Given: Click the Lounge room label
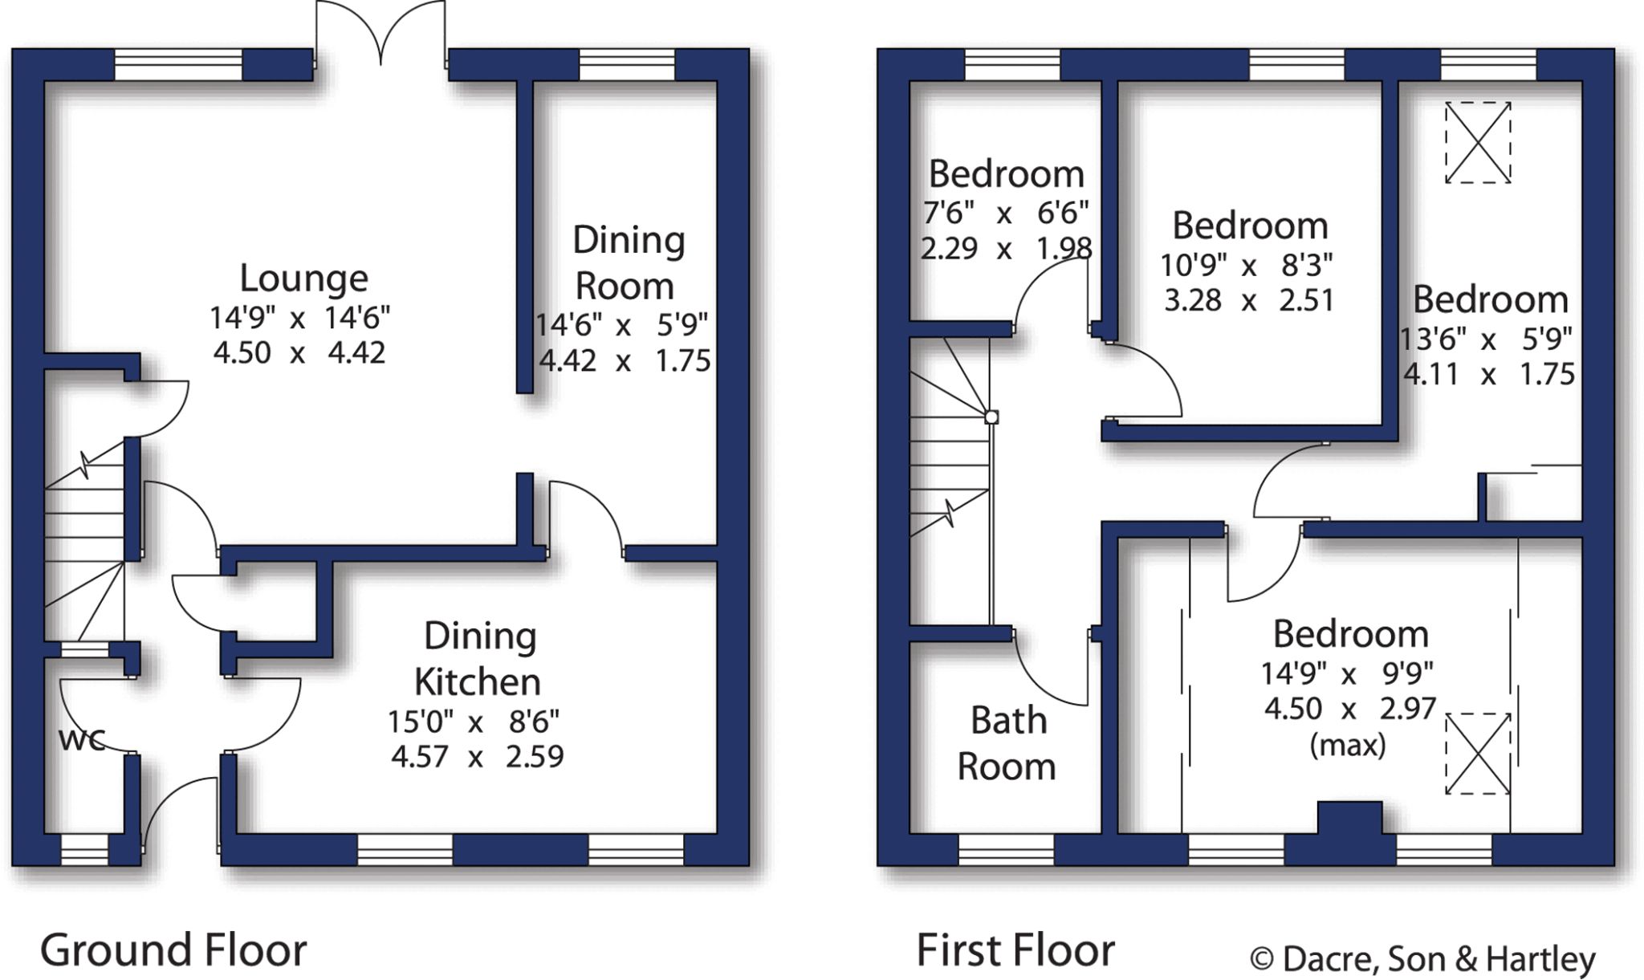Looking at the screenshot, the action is click(303, 279).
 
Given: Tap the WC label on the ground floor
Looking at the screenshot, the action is click(82, 740).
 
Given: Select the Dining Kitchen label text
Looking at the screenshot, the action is click(479, 658).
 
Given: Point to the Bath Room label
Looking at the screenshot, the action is click(1007, 743).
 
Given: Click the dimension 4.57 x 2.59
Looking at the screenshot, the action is click(477, 757).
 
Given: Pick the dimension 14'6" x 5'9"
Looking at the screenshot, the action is click(621, 325).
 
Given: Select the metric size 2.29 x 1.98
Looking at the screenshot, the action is click(1006, 249).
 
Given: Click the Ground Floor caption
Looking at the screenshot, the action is click(173, 950).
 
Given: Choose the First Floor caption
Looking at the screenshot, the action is click(1015, 950).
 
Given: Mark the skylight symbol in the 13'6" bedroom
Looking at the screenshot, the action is click(1478, 143).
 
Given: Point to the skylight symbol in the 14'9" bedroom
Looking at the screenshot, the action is click(1478, 754).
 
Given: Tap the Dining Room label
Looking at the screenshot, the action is click(629, 263).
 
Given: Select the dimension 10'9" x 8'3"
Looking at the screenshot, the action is click(1247, 264).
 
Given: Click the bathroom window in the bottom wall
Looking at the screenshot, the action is click(1006, 850).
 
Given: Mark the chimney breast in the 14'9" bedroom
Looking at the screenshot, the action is click(1349, 818).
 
